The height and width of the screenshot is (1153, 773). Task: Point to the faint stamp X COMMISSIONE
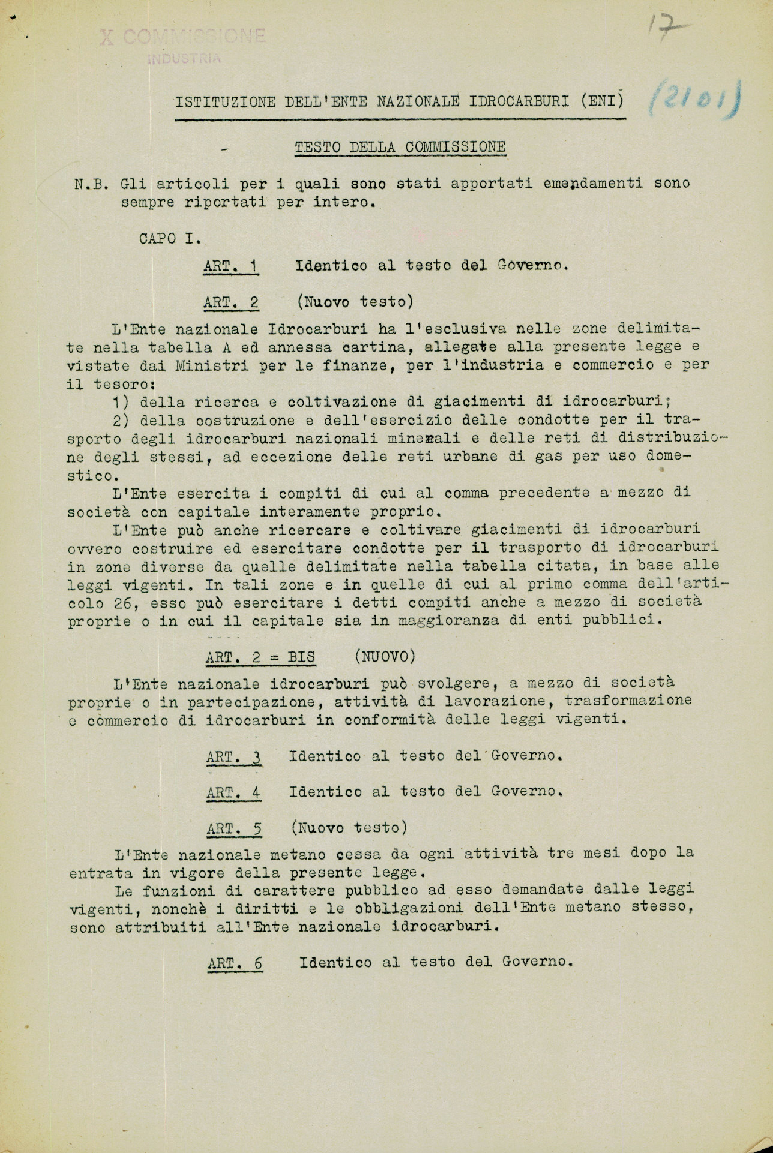[x=182, y=37]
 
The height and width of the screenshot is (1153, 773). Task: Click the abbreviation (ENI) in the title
[x=602, y=101]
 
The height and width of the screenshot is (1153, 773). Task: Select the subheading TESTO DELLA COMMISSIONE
[x=400, y=147]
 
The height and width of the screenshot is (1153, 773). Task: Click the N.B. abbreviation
[x=91, y=184]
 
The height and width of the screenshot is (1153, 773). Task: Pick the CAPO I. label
[x=169, y=238]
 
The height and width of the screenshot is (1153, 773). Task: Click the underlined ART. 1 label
[x=231, y=266]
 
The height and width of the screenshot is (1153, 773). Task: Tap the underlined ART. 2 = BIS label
[x=260, y=657]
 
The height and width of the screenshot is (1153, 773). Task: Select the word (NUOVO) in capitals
[x=384, y=656]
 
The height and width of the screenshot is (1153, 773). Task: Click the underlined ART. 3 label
[x=233, y=757]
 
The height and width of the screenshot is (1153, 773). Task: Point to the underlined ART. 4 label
[x=233, y=792]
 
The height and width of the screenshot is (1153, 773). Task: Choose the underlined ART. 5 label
[x=234, y=829]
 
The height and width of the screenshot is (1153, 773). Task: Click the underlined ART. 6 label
[x=235, y=963]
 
